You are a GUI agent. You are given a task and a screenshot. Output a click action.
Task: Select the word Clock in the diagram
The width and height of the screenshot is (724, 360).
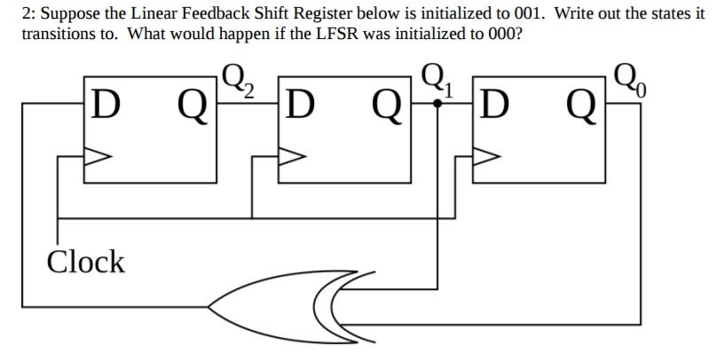85,262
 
